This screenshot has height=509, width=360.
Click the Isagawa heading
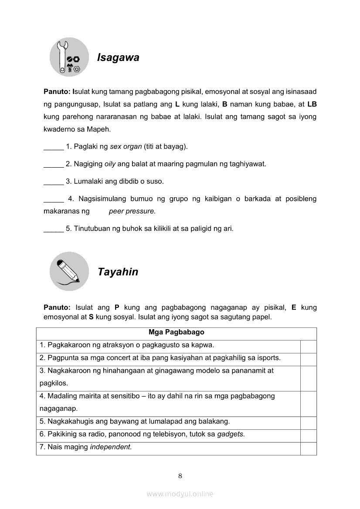[118, 57]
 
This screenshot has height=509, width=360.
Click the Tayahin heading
[118, 272]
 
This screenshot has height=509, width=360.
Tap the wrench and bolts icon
[69, 57]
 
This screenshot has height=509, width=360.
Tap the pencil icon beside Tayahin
[69, 271]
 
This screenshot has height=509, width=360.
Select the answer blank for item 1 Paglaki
[54, 147]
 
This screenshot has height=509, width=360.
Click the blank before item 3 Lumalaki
[54, 182]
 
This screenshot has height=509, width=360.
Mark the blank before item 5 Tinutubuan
[54, 229]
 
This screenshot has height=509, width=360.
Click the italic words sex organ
[126, 146]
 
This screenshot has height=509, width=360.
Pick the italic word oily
[110, 164]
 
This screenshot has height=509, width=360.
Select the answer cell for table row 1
[309, 346]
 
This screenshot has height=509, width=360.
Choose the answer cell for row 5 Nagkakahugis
[309, 423]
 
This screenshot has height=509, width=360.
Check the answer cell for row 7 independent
[309, 448]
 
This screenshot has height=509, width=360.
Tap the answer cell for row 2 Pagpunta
[309, 359]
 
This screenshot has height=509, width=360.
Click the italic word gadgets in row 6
[231, 435]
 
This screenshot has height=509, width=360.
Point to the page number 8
[180, 475]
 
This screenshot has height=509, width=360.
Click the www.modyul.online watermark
[180, 494]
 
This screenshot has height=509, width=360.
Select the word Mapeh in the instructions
[100, 129]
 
